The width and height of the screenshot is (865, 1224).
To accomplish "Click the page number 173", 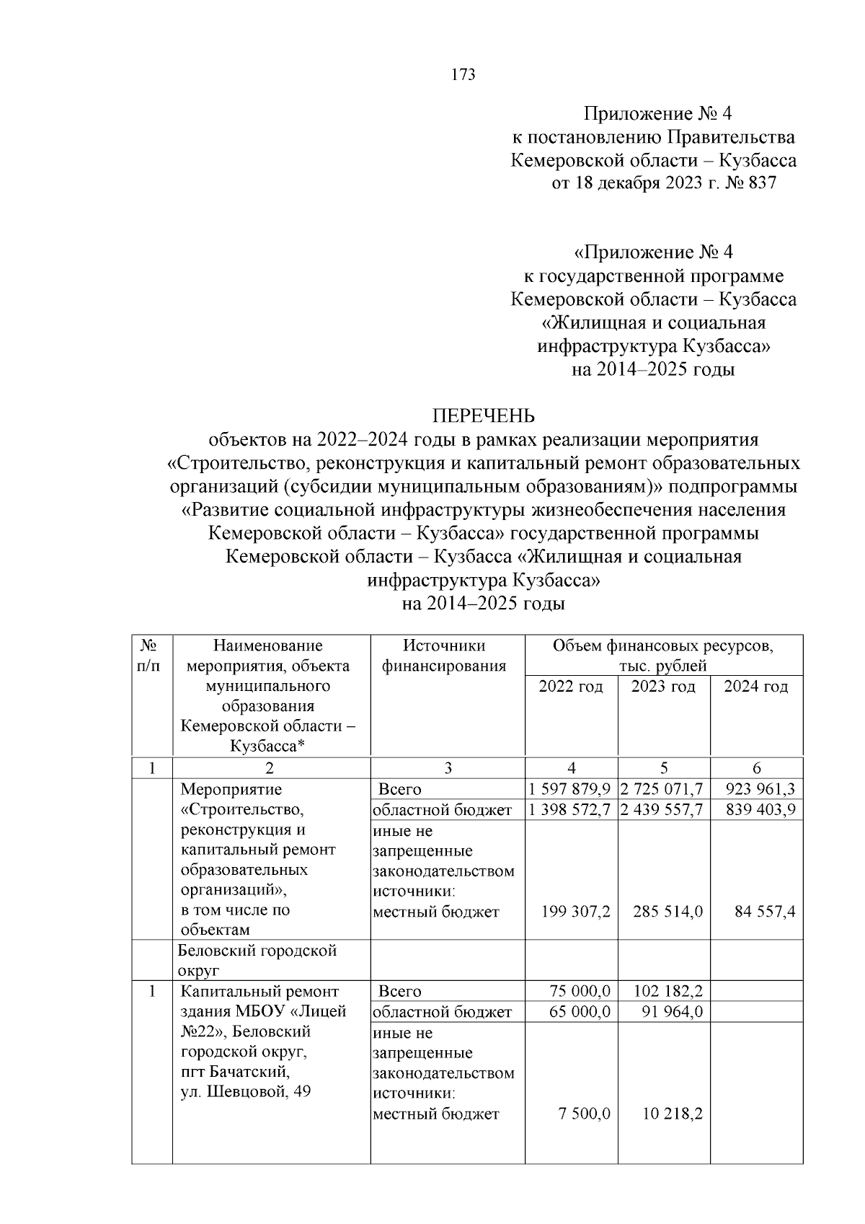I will [463, 75].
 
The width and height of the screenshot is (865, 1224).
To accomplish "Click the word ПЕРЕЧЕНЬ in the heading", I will [483, 416].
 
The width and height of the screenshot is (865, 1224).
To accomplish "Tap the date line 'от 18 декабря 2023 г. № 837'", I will [663, 183].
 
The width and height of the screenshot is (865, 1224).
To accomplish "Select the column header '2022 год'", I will [570, 686].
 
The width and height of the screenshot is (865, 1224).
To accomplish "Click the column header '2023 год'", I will [663, 686].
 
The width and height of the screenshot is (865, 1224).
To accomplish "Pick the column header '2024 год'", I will [755, 686].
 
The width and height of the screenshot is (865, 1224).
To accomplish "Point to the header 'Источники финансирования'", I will [444, 656].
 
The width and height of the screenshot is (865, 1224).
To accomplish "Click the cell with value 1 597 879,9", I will [569, 789].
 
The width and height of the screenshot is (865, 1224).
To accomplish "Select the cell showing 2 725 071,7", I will [662, 789].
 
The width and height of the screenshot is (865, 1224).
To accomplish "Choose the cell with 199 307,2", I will [575, 912].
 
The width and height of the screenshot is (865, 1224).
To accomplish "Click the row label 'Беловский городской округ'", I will [257, 960].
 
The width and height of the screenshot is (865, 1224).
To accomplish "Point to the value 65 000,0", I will [580, 1012].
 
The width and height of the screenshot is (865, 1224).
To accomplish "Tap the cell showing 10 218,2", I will [672, 1114].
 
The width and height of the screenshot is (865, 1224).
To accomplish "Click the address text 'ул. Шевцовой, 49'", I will [245, 1091].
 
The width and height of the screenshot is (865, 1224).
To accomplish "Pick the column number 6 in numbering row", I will [756, 768].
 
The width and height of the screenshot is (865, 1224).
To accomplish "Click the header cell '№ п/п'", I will [148, 656].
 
